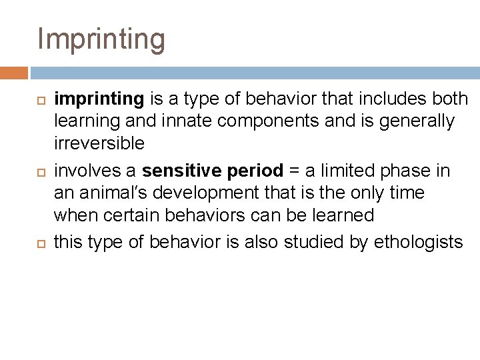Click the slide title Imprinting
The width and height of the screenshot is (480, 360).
(x=101, y=39)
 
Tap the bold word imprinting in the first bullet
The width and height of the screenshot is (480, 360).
(x=99, y=99)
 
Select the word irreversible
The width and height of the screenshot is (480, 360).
(x=99, y=143)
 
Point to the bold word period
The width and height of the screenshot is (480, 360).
(x=255, y=171)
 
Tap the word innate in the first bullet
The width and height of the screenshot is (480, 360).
(x=204, y=121)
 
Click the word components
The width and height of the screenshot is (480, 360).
(x=285, y=121)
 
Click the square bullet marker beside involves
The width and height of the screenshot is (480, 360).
(x=39, y=171)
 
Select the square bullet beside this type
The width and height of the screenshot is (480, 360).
(x=39, y=242)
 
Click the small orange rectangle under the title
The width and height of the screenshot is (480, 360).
(x=14, y=73)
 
